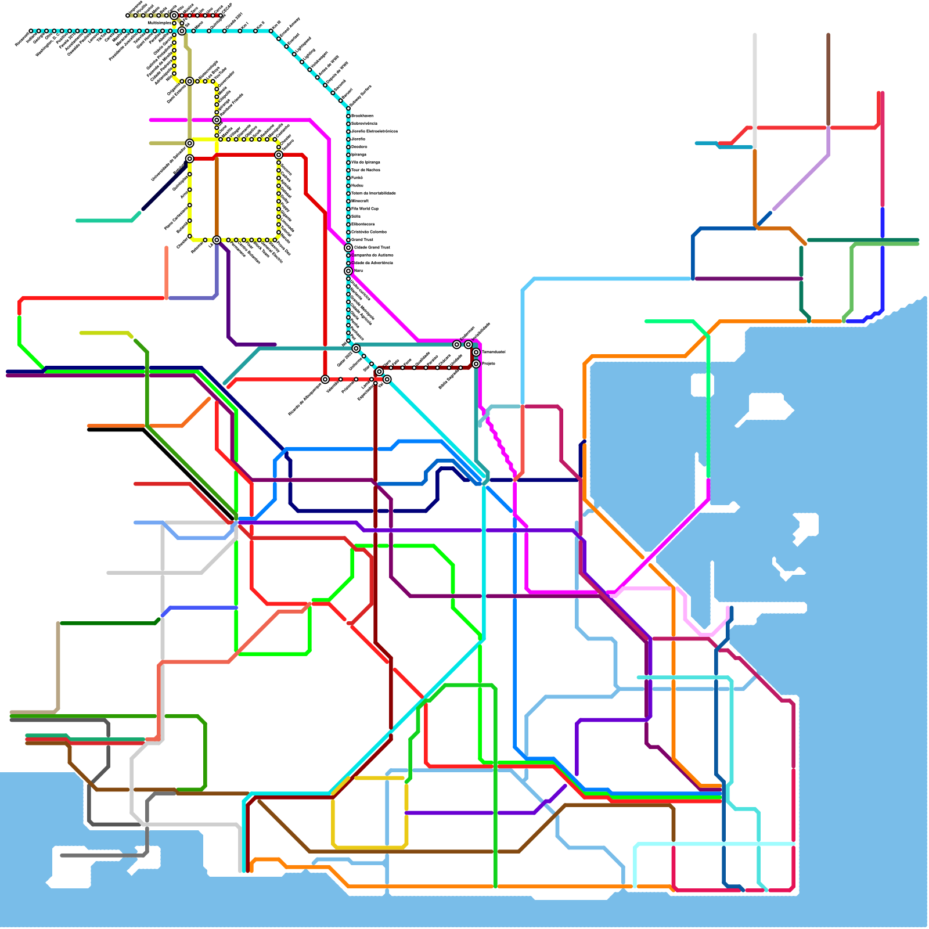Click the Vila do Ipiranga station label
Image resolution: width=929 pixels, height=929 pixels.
click(366, 163)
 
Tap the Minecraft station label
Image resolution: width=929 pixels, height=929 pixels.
click(360, 201)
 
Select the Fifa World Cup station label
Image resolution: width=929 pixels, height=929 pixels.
click(365, 208)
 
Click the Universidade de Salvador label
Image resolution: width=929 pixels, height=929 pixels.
click(168, 164)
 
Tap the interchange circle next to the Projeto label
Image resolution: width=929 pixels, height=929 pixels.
click(476, 364)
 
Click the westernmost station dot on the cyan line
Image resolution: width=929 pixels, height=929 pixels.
click(31, 31)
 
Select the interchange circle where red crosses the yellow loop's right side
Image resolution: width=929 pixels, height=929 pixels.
click(279, 155)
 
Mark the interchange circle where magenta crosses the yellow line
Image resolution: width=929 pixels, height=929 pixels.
click(217, 120)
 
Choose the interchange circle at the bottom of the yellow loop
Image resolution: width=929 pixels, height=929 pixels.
click(217, 240)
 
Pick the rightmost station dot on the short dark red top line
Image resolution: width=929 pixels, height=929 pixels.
click(221, 16)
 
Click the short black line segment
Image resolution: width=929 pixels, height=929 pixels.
click(116, 430)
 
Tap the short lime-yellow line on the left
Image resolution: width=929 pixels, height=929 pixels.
click(105, 333)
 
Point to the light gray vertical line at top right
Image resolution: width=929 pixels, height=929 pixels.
click(755, 87)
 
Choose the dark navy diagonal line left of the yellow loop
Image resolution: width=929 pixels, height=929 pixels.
click(163, 189)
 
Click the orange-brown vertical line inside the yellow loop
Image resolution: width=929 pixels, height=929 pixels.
click(217, 197)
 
